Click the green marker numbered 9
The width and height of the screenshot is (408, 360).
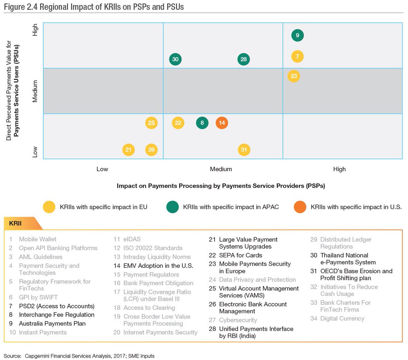pos(297,35)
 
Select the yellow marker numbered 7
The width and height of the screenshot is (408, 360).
pos(297,56)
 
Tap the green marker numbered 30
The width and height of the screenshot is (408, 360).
pos(175,59)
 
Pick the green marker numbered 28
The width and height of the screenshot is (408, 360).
pos(243,59)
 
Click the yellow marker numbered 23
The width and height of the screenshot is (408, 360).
pos(294,76)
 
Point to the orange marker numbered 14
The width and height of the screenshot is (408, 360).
pos(222,123)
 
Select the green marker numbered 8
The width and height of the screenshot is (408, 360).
pos(202,123)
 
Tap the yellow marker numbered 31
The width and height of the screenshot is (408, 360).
pos(244,150)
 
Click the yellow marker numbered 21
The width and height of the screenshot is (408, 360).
pos(128,150)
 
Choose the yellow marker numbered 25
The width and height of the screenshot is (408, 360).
pos(151,123)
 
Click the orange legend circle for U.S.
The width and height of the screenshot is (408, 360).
pos(300,207)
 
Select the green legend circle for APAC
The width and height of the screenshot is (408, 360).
pos(173,207)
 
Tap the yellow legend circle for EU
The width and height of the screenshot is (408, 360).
pos(49,207)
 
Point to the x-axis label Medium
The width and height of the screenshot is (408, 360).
pos(221,169)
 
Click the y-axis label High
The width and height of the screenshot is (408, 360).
pos(35,30)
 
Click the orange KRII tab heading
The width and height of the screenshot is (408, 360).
pos(16,223)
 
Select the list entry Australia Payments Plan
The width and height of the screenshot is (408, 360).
pos(52,324)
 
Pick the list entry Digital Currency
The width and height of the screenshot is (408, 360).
pos(342,319)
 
